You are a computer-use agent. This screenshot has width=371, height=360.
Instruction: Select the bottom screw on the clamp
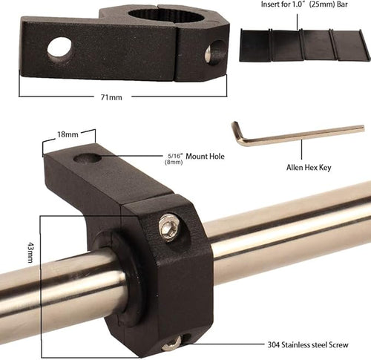(x=171, y=343)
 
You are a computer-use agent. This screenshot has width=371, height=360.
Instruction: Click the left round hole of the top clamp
(x=59, y=49)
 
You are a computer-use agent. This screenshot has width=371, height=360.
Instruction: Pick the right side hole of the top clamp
(x=215, y=52)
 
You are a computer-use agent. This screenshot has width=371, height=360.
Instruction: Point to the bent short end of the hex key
(x=237, y=132)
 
